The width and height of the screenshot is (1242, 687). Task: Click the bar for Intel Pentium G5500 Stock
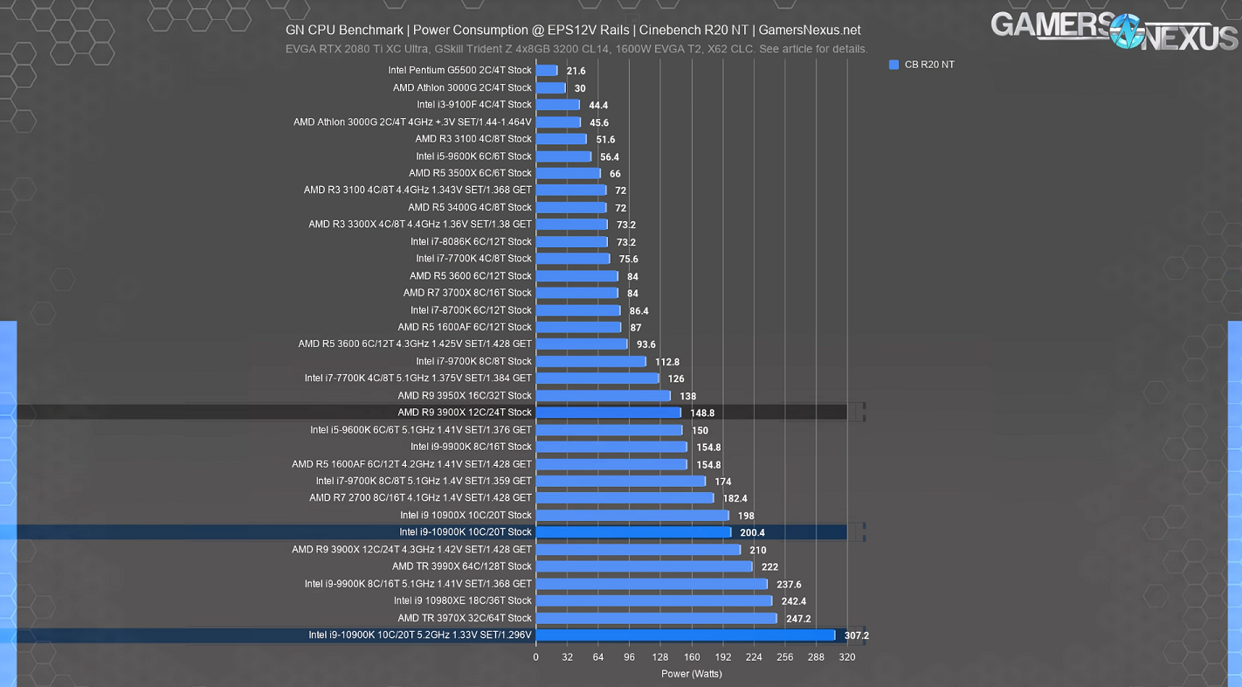547,71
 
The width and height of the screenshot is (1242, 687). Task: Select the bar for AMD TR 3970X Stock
656,619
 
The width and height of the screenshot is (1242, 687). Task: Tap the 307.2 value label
856,636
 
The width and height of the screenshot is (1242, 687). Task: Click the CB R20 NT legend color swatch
894,65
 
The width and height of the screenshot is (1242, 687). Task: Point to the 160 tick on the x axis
692,657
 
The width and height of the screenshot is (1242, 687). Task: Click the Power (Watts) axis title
691,674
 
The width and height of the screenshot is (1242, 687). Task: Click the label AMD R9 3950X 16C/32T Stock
465,396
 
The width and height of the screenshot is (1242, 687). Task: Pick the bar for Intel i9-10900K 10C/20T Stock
633,532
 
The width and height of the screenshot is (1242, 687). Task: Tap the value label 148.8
701,413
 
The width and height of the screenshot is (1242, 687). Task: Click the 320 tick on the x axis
847,657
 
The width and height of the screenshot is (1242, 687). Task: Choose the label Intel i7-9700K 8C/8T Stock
473,361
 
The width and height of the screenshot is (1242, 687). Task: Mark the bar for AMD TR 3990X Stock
644,566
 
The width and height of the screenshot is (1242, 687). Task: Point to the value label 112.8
666,362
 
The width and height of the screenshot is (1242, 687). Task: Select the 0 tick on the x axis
536,657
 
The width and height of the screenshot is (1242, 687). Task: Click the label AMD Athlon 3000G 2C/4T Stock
462,87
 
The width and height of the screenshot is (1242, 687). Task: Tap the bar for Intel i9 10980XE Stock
654,601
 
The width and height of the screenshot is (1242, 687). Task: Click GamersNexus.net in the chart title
810,30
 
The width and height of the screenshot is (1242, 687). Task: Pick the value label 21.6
576,72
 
